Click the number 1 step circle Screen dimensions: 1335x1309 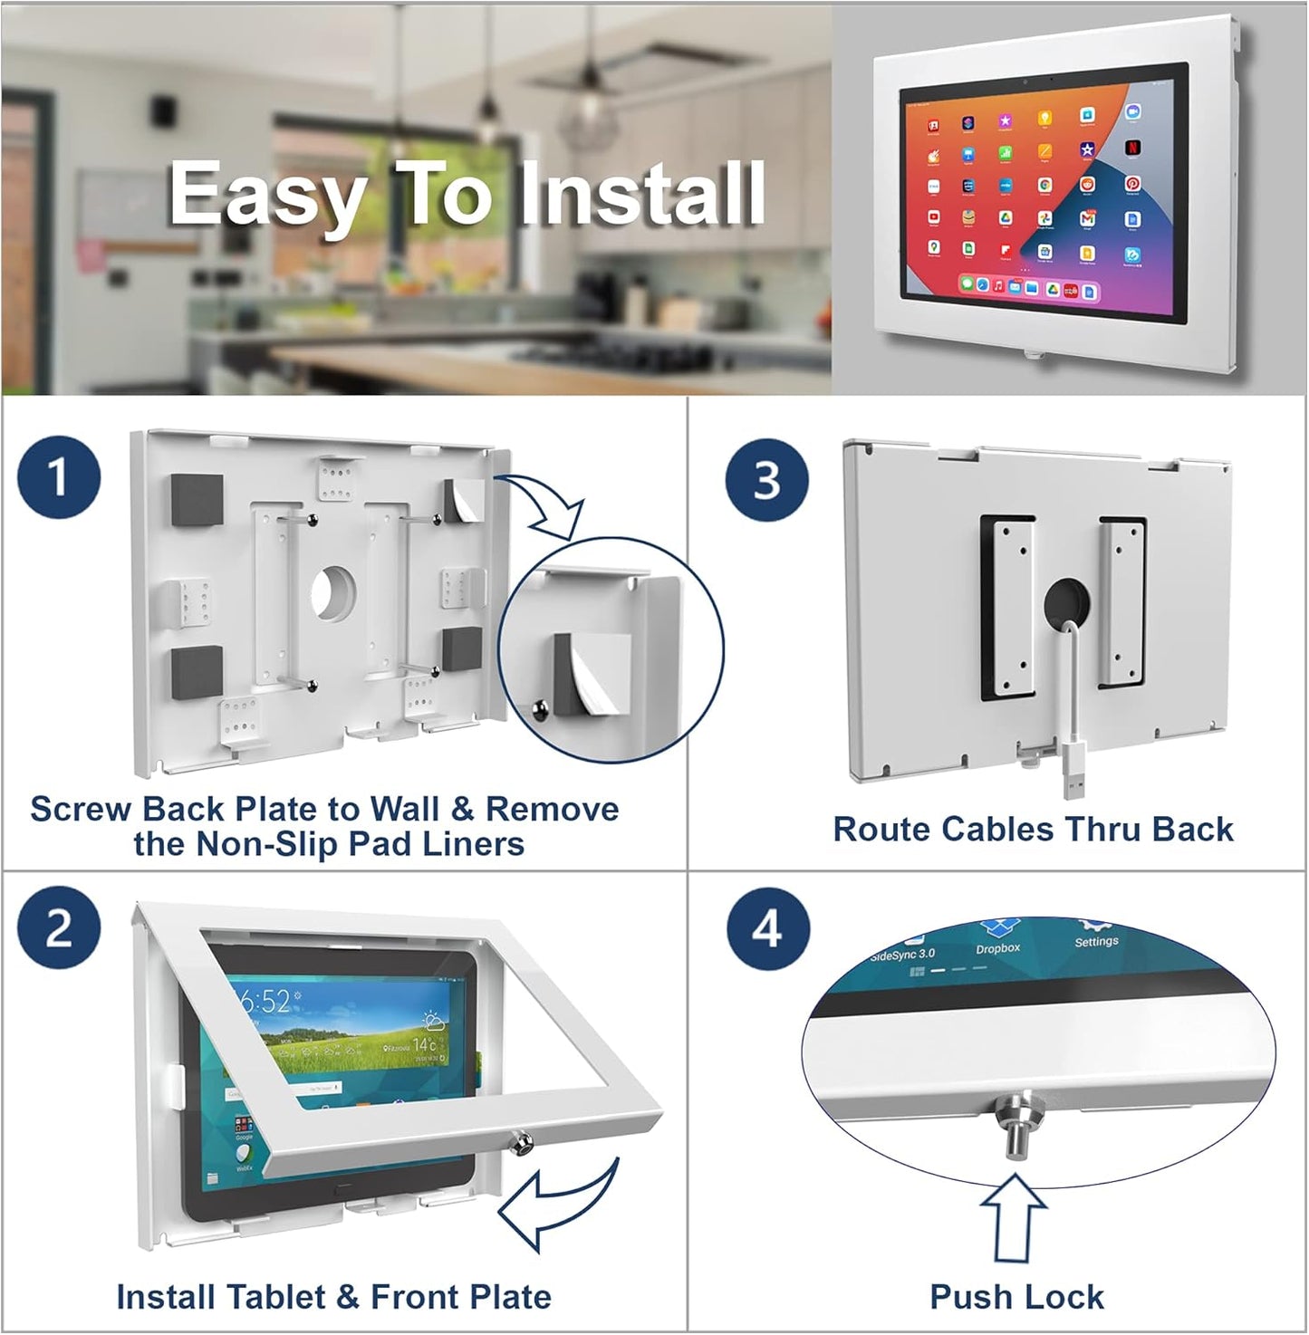[58, 477]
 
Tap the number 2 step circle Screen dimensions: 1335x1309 [58, 928]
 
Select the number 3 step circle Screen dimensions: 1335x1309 [766, 479]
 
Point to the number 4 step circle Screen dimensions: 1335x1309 [766, 928]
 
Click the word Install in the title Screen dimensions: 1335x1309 [641, 194]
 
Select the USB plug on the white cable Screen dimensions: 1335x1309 [1072, 781]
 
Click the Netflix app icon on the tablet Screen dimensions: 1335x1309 [1132, 146]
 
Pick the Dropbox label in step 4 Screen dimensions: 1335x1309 [997, 948]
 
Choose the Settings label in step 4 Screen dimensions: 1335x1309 [1096, 941]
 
